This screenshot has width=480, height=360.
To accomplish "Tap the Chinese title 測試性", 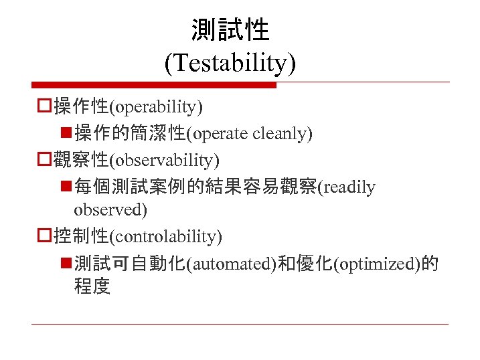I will click(230, 29).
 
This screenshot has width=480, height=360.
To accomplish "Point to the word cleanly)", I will click(283, 134).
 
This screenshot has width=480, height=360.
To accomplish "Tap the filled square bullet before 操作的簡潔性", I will click(65, 134).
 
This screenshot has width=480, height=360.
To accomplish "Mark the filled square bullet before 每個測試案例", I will click(65, 187).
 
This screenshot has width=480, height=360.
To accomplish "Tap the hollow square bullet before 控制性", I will click(44, 236).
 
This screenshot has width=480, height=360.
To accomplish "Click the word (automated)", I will click(232, 264).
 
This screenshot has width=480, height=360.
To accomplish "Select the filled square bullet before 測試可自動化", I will click(65, 264).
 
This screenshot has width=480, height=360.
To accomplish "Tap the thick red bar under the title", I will click(154, 85).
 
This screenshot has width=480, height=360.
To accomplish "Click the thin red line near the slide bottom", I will click(240, 325).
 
